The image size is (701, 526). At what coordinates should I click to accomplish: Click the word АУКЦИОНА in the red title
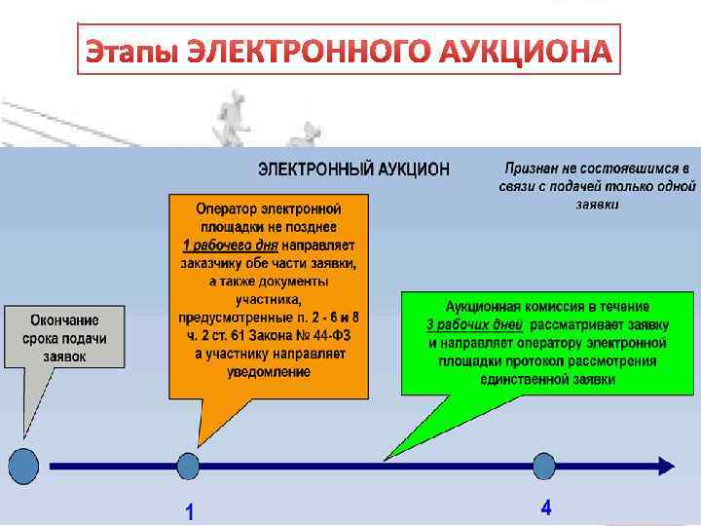(525, 52)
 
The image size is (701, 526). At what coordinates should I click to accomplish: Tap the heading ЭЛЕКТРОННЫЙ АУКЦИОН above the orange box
(353, 169)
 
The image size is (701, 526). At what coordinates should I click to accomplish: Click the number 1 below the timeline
(189, 511)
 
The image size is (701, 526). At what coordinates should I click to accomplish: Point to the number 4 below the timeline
(546, 507)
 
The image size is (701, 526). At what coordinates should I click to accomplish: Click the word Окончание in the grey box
(63, 320)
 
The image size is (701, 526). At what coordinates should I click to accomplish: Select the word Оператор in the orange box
(224, 208)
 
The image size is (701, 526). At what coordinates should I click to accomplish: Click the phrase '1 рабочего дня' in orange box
(230, 244)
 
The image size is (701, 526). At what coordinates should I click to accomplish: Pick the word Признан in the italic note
(535, 167)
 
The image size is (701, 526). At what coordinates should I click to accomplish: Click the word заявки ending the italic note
(597, 205)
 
